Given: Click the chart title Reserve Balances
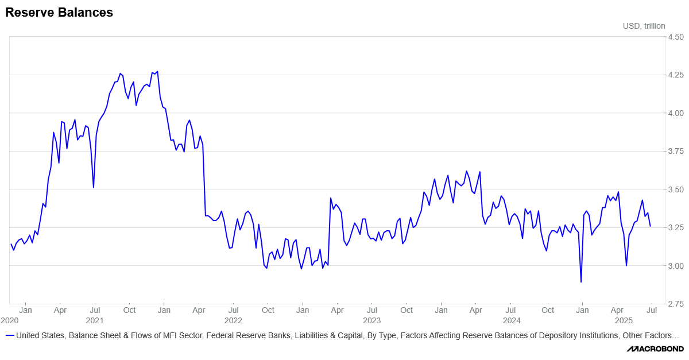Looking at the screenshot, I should click(x=59, y=13).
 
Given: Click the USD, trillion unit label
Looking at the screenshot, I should click(x=644, y=26).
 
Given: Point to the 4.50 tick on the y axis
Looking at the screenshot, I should click(x=675, y=37).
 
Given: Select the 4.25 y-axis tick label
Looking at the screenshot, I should click(x=675, y=75).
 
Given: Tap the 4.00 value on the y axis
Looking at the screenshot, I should click(x=675, y=113).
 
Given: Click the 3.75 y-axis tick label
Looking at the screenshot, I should click(x=675, y=151).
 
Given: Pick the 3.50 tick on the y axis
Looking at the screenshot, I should click(x=675, y=189).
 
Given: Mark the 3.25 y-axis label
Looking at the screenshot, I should click(x=675, y=227).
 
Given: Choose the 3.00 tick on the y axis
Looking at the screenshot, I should click(x=675, y=266).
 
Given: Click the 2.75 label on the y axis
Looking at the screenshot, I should click(x=675, y=304).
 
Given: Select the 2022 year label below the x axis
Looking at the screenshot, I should click(x=233, y=320).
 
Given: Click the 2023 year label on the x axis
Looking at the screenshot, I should click(x=371, y=320).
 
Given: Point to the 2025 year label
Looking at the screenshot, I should click(x=624, y=320).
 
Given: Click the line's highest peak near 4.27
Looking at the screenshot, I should click(x=157, y=72).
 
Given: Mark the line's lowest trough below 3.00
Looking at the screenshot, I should click(x=581, y=282).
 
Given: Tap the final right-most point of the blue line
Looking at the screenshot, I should click(x=651, y=226).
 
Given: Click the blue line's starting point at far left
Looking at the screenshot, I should click(x=11, y=244).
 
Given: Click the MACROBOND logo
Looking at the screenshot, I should click(x=655, y=349).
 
